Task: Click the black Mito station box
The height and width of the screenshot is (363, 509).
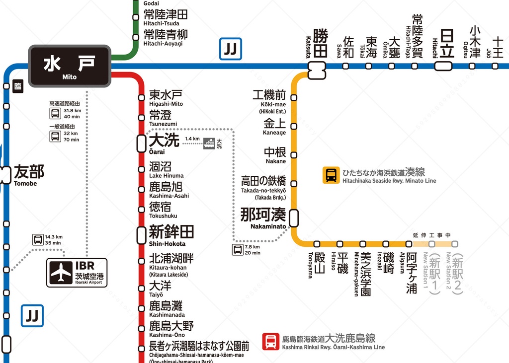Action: (69, 66)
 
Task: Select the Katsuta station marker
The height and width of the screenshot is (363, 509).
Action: (316, 70)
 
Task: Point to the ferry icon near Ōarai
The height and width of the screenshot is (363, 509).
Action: (210, 143)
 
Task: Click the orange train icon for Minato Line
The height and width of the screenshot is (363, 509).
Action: (331, 175)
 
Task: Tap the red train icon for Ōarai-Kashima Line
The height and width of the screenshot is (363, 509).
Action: (271, 341)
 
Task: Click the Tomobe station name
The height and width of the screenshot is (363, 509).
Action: (29, 175)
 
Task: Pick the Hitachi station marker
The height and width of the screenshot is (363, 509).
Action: (444, 66)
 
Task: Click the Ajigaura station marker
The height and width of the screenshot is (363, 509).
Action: (409, 244)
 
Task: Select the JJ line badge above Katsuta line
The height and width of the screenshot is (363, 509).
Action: (231, 49)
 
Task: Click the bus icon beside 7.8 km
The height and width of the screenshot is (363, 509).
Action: (238, 249)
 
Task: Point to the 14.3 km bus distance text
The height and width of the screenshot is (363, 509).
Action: (53, 237)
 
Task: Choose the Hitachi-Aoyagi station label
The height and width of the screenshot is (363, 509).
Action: (166, 37)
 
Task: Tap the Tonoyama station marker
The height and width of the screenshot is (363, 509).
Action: (317, 244)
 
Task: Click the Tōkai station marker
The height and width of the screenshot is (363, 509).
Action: (369, 66)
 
